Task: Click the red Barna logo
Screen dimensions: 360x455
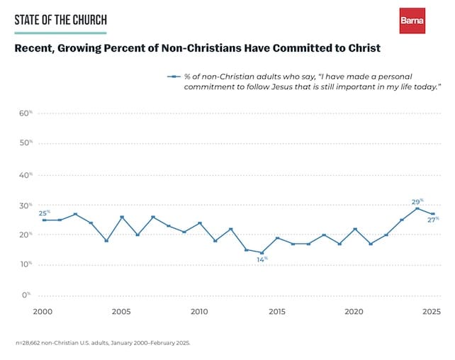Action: pos(412,21)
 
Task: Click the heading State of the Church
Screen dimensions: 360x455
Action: pos(60,20)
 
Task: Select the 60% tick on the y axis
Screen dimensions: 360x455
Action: pos(26,113)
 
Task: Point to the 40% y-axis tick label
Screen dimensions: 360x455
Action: pos(26,174)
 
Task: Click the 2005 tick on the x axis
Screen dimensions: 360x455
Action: pos(121,311)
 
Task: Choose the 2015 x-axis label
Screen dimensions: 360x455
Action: pos(277,311)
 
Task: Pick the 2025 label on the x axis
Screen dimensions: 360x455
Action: pos(432,311)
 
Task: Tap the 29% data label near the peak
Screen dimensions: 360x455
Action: pos(417,202)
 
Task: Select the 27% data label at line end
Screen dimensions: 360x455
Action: pos(433,220)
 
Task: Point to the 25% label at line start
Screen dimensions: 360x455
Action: pos(44,213)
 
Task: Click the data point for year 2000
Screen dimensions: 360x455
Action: pos(44,220)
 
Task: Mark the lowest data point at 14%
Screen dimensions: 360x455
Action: pos(262,253)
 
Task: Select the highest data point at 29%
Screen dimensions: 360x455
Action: pos(417,208)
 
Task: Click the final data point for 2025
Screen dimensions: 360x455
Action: pos(433,214)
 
